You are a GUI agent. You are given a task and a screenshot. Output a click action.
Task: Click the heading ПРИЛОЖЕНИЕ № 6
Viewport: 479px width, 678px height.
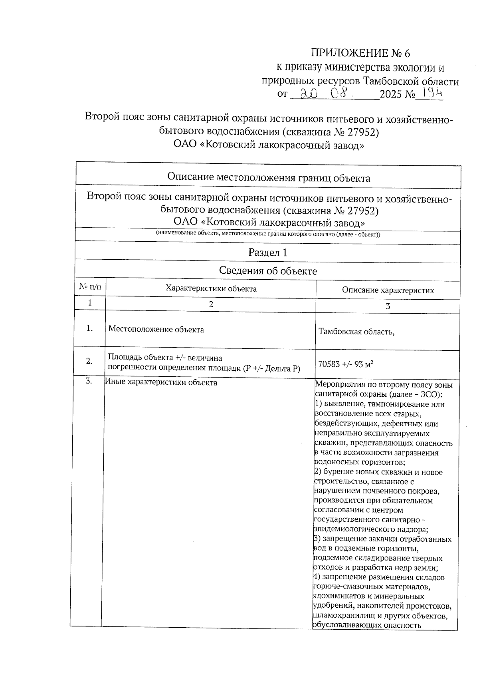pyautogui.click(x=360, y=53)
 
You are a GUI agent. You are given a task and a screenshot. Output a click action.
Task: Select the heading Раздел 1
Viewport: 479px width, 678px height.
pyautogui.click(x=268, y=253)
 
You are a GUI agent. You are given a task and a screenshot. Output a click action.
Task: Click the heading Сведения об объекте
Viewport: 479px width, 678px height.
pyautogui.click(x=268, y=271)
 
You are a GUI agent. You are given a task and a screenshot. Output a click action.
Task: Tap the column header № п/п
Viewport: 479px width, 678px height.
pyautogui.click(x=90, y=287)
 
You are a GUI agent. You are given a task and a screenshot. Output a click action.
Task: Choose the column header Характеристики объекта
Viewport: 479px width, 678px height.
pyautogui.click(x=211, y=288)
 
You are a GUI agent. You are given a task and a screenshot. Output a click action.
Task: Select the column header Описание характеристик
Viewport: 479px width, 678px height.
pyautogui.click(x=388, y=290)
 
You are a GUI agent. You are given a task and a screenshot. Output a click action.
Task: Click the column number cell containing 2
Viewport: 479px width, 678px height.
pyautogui.click(x=211, y=304)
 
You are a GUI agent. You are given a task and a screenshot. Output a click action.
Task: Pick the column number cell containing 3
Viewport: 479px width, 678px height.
pyautogui.click(x=388, y=306)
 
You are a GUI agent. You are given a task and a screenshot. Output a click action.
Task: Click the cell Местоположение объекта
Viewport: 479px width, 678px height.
pyautogui.click(x=156, y=330)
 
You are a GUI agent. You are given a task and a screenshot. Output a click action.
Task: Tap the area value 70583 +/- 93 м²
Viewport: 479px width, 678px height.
pyautogui.click(x=346, y=364)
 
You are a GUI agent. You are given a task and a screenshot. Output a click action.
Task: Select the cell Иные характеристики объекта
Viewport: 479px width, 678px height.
pyautogui.click(x=161, y=382)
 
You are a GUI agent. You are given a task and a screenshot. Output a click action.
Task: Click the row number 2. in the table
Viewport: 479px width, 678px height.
pyautogui.click(x=89, y=361)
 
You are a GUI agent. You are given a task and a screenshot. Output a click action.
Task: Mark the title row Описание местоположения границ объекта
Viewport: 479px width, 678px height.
pyautogui.click(x=268, y=178)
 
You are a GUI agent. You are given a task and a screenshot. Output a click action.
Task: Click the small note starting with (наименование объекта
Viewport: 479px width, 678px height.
pyautogui.click(x=268, y=234)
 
